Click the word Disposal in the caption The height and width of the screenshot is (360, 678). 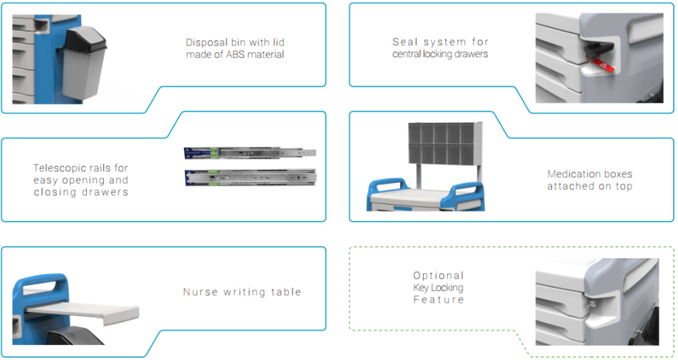[x=207, y=42]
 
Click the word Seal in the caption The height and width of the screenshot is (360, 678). [x=405, y=42]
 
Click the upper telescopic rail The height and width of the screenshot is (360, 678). [x=250, y=153]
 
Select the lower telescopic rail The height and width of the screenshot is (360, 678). [x=250, y=178]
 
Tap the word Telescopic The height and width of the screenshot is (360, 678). [x=62, y=168]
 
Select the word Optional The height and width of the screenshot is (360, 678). [x=439, y=276]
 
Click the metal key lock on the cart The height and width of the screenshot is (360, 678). [x=591, y=304]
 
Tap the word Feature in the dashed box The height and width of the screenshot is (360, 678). [x=439, y=300]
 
